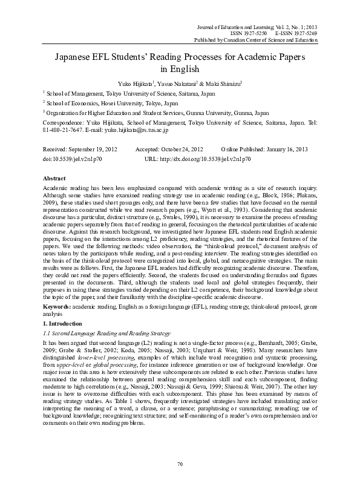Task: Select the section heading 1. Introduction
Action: coord(62,325)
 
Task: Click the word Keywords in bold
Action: coord(56,307)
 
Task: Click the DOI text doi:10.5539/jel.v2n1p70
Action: coord(76,157)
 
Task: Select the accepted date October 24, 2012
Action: coord(180,148)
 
